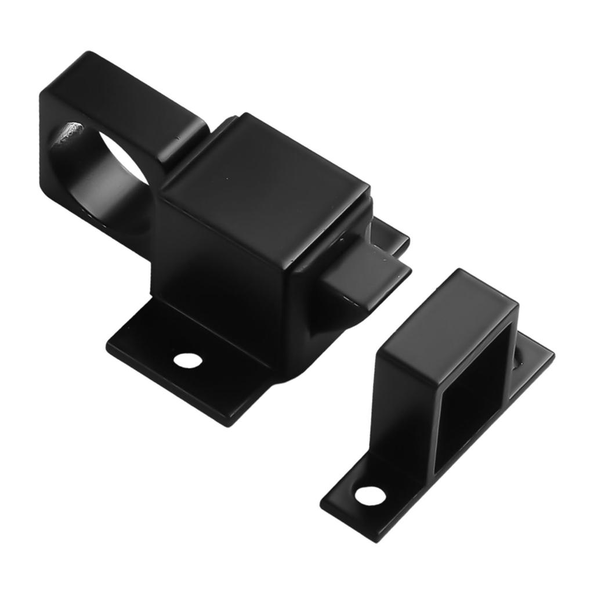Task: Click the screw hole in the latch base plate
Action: tap(189, 360)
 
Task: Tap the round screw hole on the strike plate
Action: tap(370, 496)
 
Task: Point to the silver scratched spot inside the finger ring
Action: tap(68, 134)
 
